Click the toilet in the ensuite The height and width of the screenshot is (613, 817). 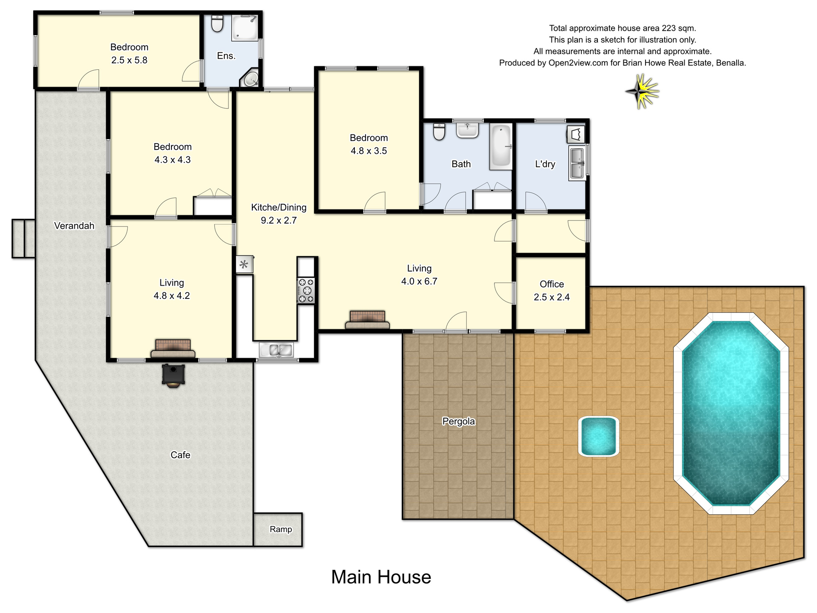click(x=217, y=24)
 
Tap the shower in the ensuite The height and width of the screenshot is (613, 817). click(x=245, y=28)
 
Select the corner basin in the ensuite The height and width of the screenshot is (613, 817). click(x=251, y=79)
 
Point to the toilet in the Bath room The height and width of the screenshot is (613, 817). click(x=439, y=132)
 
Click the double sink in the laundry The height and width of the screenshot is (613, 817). click(x=577, y=163)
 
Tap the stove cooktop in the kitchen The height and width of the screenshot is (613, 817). click(x=306, y=290)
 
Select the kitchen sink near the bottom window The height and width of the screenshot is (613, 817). click(x=276, y=350)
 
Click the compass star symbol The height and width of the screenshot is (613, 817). click(x=642, y=92)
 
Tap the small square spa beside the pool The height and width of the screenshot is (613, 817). click(x=598, y=436)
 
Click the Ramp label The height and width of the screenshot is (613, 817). click(x=281, y=529)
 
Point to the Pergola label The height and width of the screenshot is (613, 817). click(x=458, y=421)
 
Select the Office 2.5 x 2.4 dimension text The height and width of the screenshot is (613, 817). click(x=551, y=297)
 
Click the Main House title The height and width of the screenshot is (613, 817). click(x=381, y=577)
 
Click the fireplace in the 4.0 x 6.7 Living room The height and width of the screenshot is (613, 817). click(x=367, y=320)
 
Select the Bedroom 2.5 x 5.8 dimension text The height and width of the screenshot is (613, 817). click(x=129, y=60)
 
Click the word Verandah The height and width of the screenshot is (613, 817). click(x=74, y=226)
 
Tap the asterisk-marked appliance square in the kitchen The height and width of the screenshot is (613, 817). click(x=244, y=265)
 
